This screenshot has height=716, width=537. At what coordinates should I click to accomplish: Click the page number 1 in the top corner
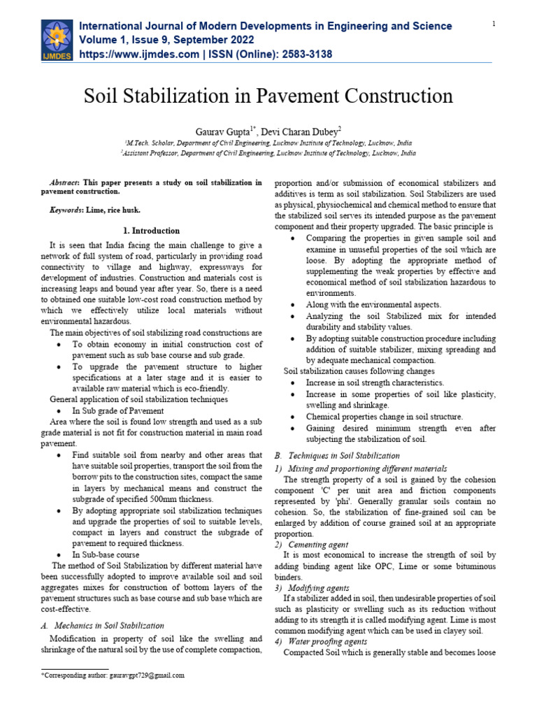[x=494, y=24]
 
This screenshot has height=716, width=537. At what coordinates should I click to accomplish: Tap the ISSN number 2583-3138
[x=299, y=54]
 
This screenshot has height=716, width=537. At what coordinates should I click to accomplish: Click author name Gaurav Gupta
[x=227, y=131]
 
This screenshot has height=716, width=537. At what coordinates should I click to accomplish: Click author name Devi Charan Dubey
[x=305, y=131]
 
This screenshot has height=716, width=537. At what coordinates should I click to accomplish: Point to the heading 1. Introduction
[x=152, y=230]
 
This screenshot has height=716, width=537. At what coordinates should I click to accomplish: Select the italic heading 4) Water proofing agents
[x=320, y=641]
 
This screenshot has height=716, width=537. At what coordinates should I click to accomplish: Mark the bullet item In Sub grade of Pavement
[x=118, y=410]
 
